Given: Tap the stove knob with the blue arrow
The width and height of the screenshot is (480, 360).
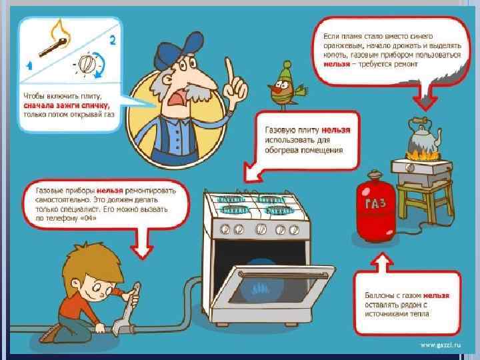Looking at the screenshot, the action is (x=87, y=64).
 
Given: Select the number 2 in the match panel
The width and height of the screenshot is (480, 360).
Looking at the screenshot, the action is (x=113, y=40).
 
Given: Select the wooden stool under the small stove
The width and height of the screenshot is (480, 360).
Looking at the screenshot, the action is (x=426, y=199).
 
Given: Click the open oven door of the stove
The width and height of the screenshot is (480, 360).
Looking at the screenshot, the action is (x=273, y=290).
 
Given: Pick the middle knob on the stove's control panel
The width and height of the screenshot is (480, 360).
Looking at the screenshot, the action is (x=261, y=229).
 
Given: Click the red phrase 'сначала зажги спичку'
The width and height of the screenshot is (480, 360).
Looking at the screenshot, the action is (x=66, y=105).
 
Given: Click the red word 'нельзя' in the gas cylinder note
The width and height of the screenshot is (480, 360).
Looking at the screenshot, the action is (x=436, y=296).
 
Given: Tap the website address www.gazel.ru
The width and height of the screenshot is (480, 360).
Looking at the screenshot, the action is (x=441, y=345).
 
